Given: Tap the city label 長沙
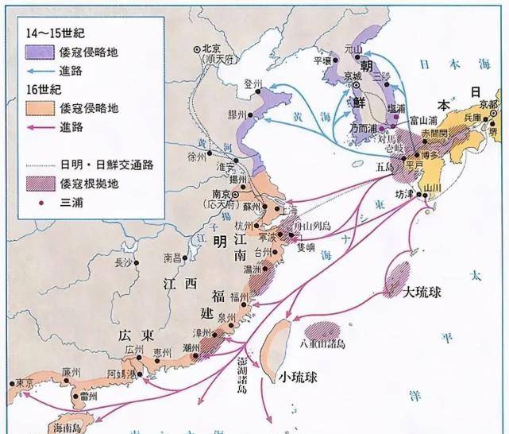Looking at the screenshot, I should (124, 262).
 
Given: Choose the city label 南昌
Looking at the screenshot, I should (172, 258).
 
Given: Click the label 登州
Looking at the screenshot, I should (253, 82).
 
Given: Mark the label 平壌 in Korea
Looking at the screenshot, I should (322, 60).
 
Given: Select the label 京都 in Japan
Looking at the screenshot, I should (490, 104).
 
